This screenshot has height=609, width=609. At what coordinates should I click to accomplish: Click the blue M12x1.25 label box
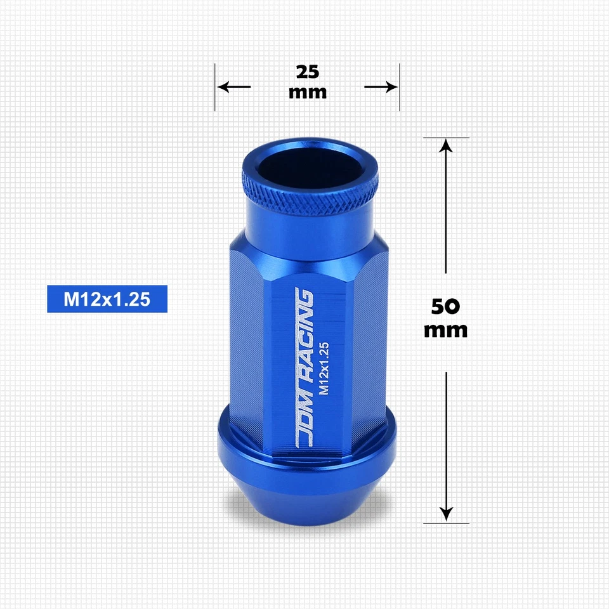(x=107, y=299)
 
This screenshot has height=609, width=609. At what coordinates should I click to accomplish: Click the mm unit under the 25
(x=307, y=92)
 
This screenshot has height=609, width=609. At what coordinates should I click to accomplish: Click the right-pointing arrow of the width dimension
(x=381, y=86)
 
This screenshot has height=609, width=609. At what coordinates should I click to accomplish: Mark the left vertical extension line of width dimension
(x=215, y=87)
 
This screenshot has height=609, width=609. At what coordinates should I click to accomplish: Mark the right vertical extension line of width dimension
(x=399, y=87)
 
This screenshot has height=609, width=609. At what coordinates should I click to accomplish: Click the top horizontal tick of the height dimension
(x=446, y=137)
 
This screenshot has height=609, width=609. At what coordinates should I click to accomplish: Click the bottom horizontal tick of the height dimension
(x=446, y=523)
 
